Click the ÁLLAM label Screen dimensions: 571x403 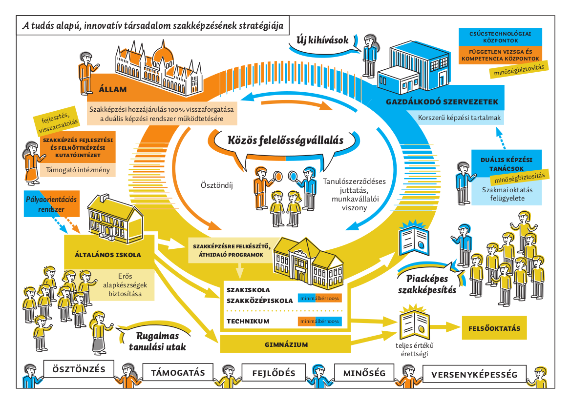(112, 89)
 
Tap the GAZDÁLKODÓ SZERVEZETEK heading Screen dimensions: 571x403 (442, 102)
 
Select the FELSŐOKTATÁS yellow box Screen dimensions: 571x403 (494, 328)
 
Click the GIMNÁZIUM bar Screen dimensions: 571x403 (286, 344)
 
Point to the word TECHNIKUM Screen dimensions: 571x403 (248, 321)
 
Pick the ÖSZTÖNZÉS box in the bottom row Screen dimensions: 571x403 (79, 369)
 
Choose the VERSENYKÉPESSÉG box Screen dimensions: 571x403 (474, 374)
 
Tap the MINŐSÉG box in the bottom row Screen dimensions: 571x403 (364, 373)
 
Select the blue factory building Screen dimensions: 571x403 (413, 67)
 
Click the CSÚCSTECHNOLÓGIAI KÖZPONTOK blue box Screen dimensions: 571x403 (500, 37)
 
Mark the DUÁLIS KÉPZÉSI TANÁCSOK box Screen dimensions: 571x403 (506, 163)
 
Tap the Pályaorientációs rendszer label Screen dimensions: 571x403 (51, 204)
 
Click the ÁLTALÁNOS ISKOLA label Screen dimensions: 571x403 (108, 255)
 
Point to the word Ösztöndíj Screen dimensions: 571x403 (217, 185)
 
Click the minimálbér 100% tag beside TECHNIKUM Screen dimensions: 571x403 (319, 322)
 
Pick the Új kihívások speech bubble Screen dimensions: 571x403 (323, 40)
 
